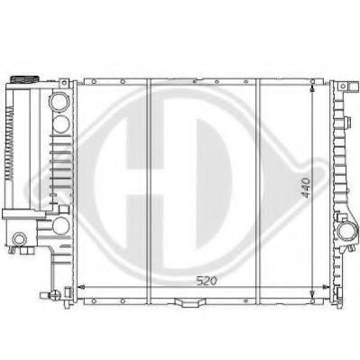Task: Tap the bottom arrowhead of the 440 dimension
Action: (313, 295)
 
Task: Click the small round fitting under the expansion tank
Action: (18, 239)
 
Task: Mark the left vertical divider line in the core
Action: (149, 189)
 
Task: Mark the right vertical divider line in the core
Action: (260, 189)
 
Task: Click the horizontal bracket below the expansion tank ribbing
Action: (23, 214)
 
